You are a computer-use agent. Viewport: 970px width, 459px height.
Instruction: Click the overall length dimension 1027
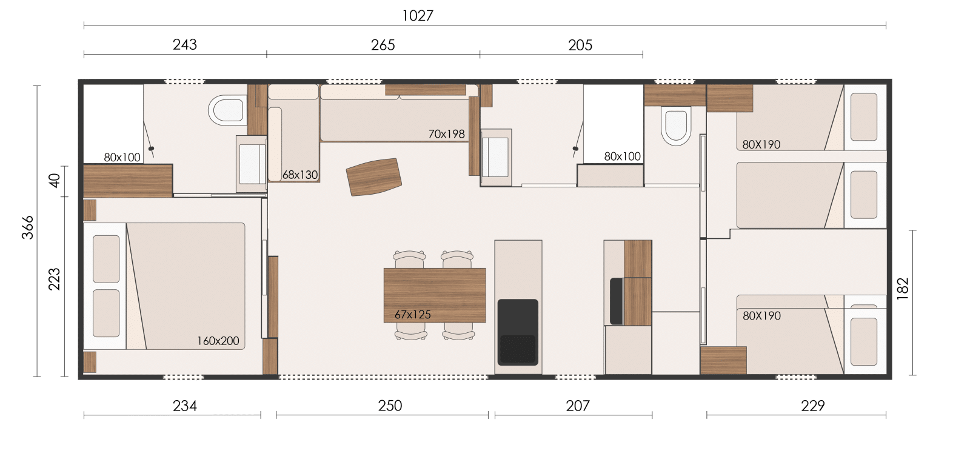tap(418, 16)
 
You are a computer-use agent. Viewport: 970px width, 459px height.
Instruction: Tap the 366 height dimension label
tap(28, 227)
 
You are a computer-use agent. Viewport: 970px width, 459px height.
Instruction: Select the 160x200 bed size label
tap(218, 341)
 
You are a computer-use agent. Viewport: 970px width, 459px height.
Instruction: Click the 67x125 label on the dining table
tap(413, 315)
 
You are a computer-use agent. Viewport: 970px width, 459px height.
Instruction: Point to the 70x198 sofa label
tap(446, 134)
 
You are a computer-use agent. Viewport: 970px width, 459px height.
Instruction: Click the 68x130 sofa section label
tap(300, 175)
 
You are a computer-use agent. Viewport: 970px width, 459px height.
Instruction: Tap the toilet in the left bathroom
tap(227, 110)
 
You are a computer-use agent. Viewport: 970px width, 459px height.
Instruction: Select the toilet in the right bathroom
tap(675, 126)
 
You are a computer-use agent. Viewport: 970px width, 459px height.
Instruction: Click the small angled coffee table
tap(373, 177)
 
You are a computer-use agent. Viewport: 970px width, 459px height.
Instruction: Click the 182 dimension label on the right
tap(903, 289)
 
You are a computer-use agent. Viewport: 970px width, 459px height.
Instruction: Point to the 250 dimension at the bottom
tap(390, 406)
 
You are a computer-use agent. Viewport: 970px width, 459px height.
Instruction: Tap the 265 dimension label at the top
tap(383, 45)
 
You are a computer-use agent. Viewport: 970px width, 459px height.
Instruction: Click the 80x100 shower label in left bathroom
tap(122, 158)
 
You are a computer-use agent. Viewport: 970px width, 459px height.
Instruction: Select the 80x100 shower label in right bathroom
tap(622, 156)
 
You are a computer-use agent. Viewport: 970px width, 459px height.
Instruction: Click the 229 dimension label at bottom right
tap(813, 406)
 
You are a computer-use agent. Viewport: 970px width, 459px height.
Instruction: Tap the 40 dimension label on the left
tap(55, 180)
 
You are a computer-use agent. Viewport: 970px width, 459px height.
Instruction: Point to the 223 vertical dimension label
tap(55, 280)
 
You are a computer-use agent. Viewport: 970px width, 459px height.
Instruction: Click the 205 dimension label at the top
tap(580, 45)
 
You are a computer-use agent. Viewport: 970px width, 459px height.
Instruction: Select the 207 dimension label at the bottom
tap(578, 406)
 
